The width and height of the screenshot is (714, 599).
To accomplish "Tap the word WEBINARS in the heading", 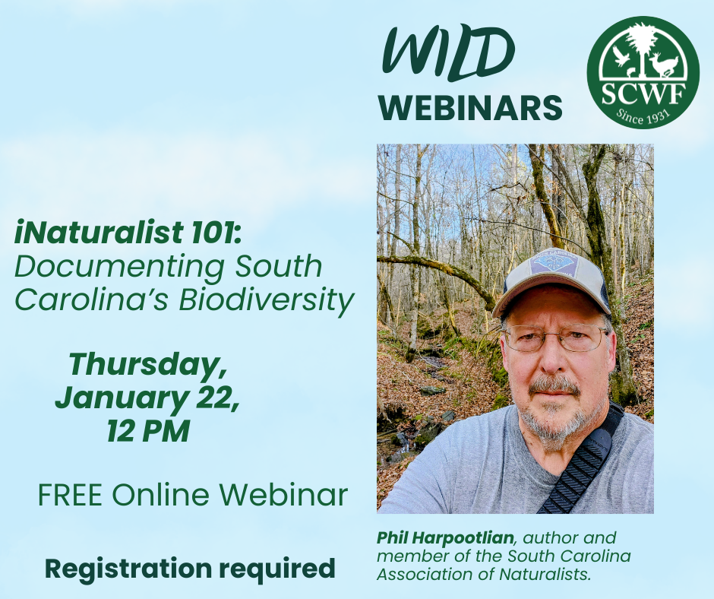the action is click(470, 108).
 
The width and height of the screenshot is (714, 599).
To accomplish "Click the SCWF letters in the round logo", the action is click(643, 94).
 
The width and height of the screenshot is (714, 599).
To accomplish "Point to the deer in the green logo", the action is click(664, 65).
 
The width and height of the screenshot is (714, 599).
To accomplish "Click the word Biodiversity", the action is click(267, 301).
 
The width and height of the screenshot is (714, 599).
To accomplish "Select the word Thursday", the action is click(147, 365).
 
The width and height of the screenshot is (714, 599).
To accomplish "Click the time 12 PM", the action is click(148, 431).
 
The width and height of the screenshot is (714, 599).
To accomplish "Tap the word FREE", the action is click(70, 495).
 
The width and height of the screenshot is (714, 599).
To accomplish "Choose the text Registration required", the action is click(190, 569).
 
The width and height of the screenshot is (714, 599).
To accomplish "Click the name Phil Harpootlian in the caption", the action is click(445, 538).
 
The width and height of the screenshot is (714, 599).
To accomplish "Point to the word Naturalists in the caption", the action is click(545, 575).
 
